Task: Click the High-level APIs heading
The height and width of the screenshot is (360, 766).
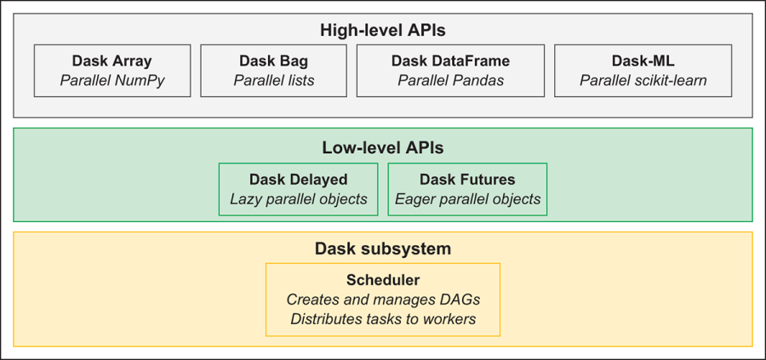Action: pyautogui.click(x=382, y=31)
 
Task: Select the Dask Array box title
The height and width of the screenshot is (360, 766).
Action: pyautogui.click(x=111, y=61)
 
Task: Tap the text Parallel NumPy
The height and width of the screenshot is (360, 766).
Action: pyautogui.click(x=111, y=81)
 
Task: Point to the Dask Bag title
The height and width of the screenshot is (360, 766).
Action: pyautogui.click(x=273, y=61)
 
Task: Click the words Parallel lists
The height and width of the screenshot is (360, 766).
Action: pyautogui.click(x=273, y=81)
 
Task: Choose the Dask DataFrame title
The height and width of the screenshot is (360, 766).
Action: pyautogui.click(x=450, y=61)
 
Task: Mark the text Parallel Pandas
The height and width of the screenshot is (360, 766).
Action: pyautogui.click(x=450, y=81)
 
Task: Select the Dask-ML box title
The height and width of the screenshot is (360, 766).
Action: pyautogui.click(x=643, y=61)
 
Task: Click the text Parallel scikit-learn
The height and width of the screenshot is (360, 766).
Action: pyautogui.click(x=643, y=81)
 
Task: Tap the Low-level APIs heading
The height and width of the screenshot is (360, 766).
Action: pyautogui.click(x=382, y=147)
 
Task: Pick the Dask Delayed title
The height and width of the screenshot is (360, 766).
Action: pyautogui.click(x=298, y=180)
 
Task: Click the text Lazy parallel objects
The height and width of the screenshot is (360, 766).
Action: pyautogui.click(x=298, y=199)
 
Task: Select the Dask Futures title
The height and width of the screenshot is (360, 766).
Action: pyautogui.click(x=467, y=180)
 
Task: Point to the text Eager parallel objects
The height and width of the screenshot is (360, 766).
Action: pyautogui.click(x=467, y=199)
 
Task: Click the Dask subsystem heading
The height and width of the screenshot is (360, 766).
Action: pyautogui.click(x=382, y=249)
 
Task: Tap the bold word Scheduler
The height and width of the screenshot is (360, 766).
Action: pyautogui.click(x=382, y=280)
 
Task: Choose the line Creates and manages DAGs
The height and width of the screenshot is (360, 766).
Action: pyautogui.click(x=382, y=300)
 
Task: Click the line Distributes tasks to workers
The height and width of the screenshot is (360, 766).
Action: pyautogui.click(x=382, y=319)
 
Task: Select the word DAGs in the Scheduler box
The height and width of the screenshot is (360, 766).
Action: pyautogui.click(x=460, y=300)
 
